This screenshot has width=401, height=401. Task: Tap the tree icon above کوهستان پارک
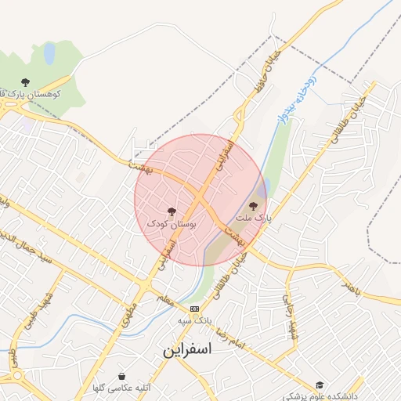[25, 81]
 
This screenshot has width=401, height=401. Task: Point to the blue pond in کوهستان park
[49, 53]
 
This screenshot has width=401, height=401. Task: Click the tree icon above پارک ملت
[251, 206]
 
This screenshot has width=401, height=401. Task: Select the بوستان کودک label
[172, 224]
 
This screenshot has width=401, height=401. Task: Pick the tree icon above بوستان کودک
[172, 211]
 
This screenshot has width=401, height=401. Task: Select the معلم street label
[163, 299]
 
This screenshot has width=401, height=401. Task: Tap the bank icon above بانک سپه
[194, 309]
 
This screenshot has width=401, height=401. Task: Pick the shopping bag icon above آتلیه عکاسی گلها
[121, 375]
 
